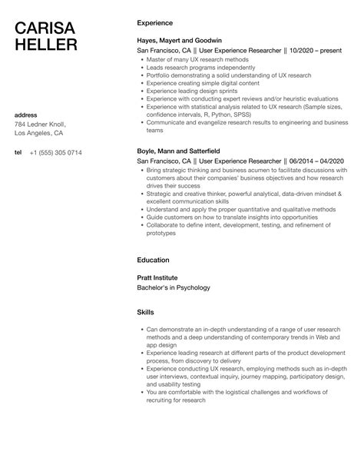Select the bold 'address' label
[x=28, y=115]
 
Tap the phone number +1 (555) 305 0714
[x=55, y=152]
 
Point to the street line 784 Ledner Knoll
[x=41, y=124]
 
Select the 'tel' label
[x=18, y=152]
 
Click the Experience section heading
[x=154, y=23]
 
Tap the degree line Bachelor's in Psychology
[x=173, y=287]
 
